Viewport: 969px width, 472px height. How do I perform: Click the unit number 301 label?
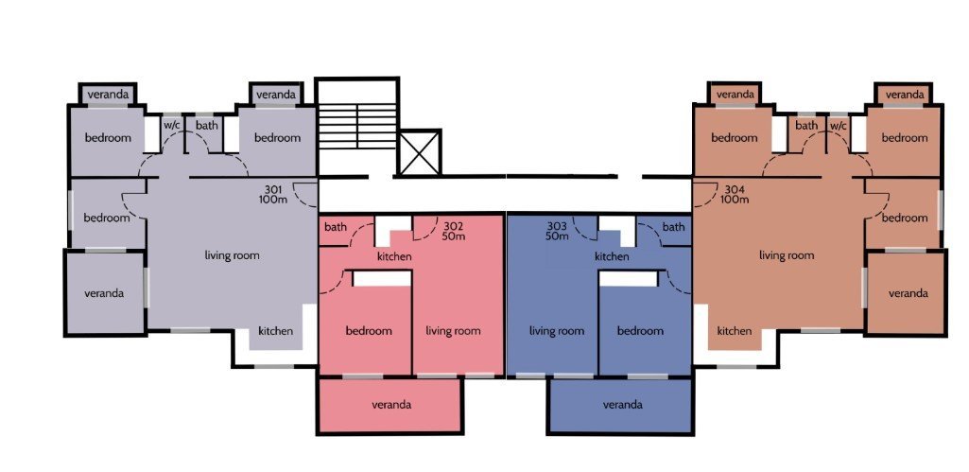(273, 188)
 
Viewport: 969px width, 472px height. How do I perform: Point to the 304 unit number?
(735, 188)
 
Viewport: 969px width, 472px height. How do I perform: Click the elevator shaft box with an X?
(420, 152)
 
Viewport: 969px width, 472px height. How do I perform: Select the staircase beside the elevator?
(356, 126)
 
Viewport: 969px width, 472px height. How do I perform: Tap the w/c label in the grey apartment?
(172, 126)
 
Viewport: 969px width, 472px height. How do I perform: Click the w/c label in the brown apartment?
(839, 126)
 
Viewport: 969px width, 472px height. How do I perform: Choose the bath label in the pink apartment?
(336, 227)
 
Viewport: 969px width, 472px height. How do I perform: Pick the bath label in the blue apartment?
(674, 227)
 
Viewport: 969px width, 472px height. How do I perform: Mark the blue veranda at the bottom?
(620, 405)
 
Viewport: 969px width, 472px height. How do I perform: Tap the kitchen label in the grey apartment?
(276, 331)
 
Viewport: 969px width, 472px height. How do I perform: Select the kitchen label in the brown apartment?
(735, 331)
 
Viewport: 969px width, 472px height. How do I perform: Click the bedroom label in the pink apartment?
(369, 331)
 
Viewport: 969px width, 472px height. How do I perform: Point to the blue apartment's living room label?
(557, 331)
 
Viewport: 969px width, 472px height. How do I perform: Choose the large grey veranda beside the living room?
(105, 292)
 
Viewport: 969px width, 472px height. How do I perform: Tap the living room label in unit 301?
(233, 254)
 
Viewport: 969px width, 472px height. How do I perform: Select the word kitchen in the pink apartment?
(394, 256)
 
